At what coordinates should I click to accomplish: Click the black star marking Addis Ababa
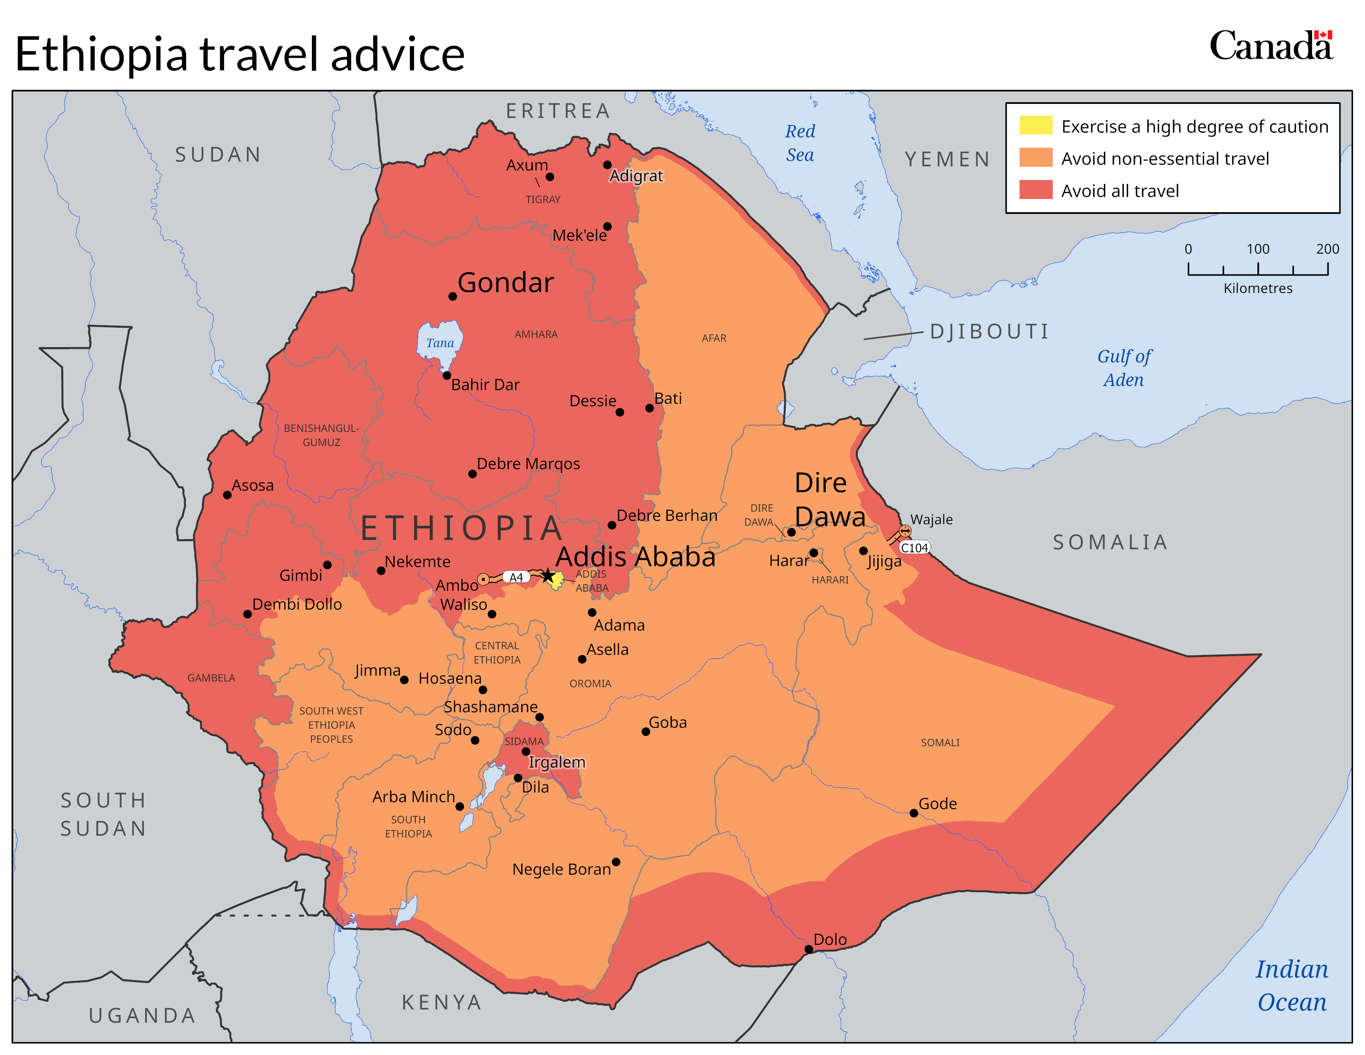pyautogui.click(x=548, y=575)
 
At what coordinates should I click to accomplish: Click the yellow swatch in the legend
pyautogui.click(x=1036, y=126)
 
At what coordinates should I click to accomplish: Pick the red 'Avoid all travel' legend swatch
pyautogui.click(x=1036, y=190)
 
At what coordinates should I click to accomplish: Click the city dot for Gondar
pyautogui.click(x=453, y=296)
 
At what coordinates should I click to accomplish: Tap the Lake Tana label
pyautogui.click(x=440, y=343)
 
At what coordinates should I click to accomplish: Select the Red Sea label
pyautogui.click(x=800, y=142)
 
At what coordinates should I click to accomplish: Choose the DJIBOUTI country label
pyautogui.click(x=989, y=331)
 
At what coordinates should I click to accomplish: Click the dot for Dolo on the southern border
pyautogui.click(x=808, y=949)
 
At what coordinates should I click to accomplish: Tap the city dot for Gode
pyautogui.click(x=913, y=813)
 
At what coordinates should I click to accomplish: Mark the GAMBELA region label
pyautogui.click(x=211, y=678)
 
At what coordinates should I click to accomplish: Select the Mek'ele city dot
pyautogui.click(x=607, y=226)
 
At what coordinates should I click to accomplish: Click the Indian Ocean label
pyautogui.click(x=1291, y=985)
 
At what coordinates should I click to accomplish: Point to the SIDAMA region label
pyautogui.click(x=524, y=741)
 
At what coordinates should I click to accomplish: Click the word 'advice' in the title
pyautogui.click(x=398, y=54)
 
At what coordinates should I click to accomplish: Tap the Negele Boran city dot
pyautogui.click(x=615, y=862)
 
